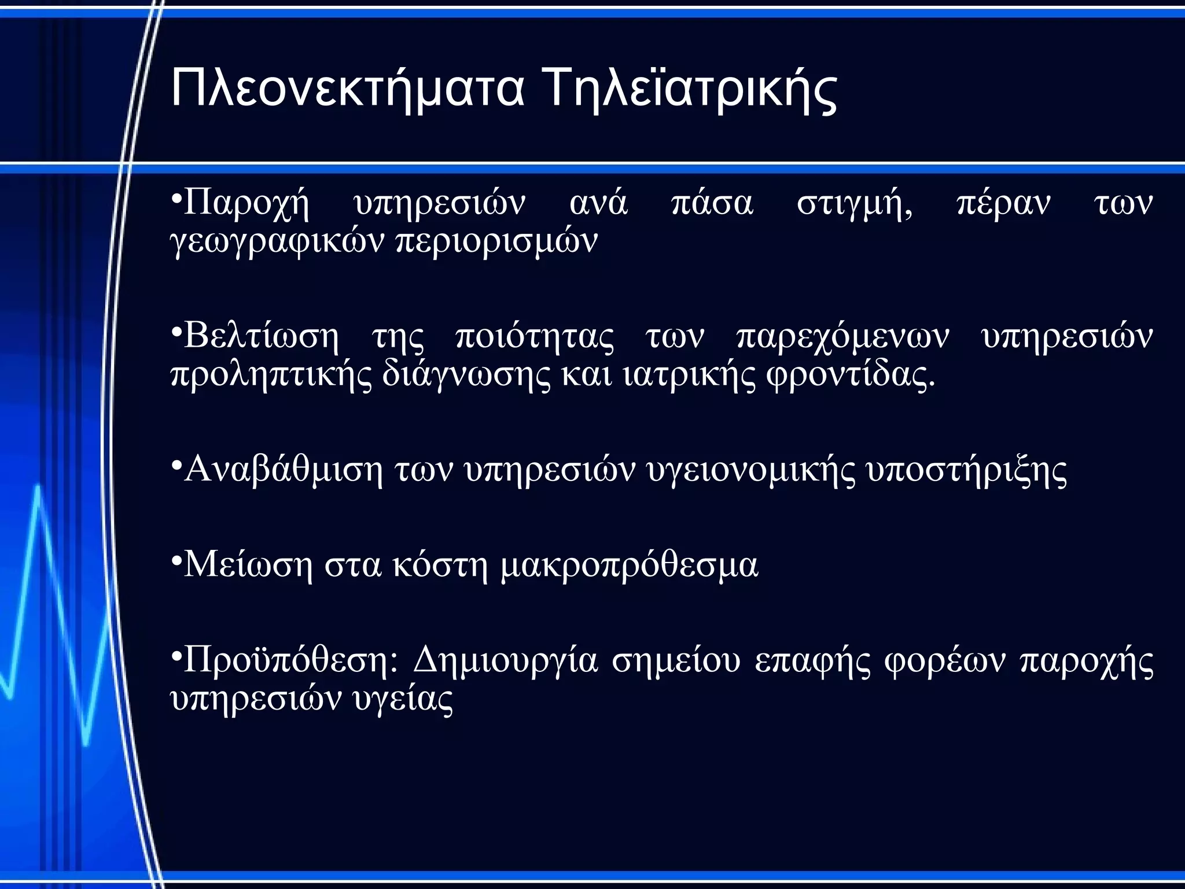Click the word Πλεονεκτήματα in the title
click(347, 89)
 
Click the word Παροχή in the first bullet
click(246, 204)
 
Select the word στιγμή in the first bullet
click(854, 204)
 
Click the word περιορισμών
click(496, 242)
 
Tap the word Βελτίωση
click(261, 337)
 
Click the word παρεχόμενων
click(842, 337)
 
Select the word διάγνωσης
click(466, 375)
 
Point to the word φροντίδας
click(850, 375)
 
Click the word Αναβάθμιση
click(284, 470)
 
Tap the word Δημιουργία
click(505, 660)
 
